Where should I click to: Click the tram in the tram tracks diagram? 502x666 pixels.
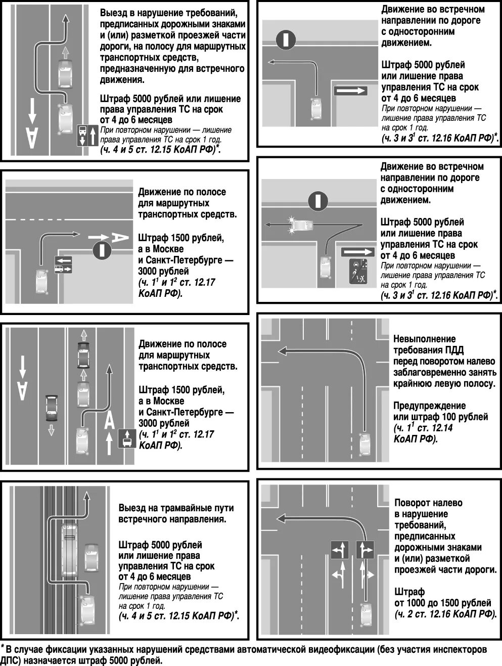point(69,551)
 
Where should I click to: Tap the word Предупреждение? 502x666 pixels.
point(429,406)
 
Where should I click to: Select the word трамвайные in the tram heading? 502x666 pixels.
point(172,508)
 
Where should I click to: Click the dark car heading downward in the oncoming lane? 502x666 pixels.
point(52,408)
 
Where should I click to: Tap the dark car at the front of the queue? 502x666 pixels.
point(83,354)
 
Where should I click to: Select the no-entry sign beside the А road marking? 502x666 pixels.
point(102,250)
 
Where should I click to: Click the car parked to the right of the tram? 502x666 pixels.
point(92,557)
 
